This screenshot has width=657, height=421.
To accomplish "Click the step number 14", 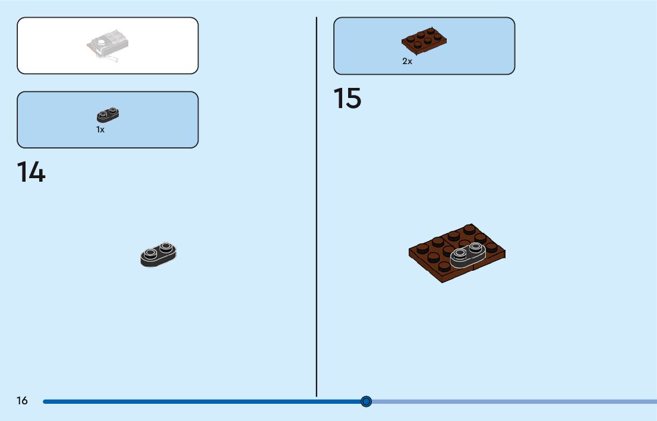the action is point(31,172).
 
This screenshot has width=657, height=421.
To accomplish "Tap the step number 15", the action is point(347,99).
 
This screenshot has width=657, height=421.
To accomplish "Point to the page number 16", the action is point(22,401).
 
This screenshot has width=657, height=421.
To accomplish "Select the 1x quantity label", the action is point(100,129).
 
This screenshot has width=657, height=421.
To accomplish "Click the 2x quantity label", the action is point(407,61).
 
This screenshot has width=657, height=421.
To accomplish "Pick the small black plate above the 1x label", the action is point(108,115).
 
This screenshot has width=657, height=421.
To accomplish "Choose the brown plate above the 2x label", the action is point(424,39).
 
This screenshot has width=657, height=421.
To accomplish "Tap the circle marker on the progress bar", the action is point(366,401).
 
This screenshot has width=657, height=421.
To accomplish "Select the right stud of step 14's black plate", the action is point(165,246).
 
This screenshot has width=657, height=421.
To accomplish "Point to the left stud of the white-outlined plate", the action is point(460,253).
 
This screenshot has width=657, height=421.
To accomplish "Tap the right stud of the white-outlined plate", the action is point(475,246).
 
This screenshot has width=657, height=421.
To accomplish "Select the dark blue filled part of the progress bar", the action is point(202,401).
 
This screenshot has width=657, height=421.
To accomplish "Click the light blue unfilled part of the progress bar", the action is point(511,401).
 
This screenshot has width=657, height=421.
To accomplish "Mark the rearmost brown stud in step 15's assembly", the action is point(469,229).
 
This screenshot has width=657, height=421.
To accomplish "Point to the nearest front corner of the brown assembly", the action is point(443,281).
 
